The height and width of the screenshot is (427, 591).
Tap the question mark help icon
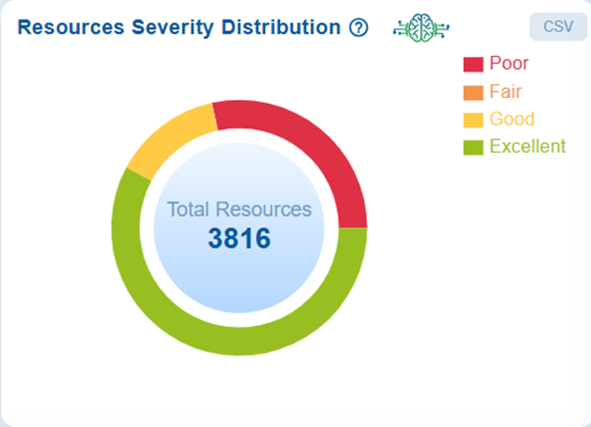pyautogui.click(x=358, y=27)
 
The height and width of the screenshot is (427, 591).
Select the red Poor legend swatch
pyautogui.click(x=474, y=65)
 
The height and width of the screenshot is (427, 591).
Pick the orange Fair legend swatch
pyautogui.click(x=474, y=92)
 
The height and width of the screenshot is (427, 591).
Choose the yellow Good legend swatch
pyautogui.click(x=474, y=119)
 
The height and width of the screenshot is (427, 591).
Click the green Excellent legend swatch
pyautogui.click(x=474, y=147)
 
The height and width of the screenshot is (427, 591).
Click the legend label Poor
pyautogui.click(x=509, y=65)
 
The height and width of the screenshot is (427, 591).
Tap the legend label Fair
pyautogui.click(x=506, y=92)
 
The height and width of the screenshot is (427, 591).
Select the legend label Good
pyautogui.click(x=512, y=119)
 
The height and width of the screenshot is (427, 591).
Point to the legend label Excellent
pyautogui.click(x=527, y=147)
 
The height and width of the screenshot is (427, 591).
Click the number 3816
pyautogui.click(x=239, y=238)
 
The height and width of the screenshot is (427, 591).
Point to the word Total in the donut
pyautogui.click(x=188, y=210)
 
